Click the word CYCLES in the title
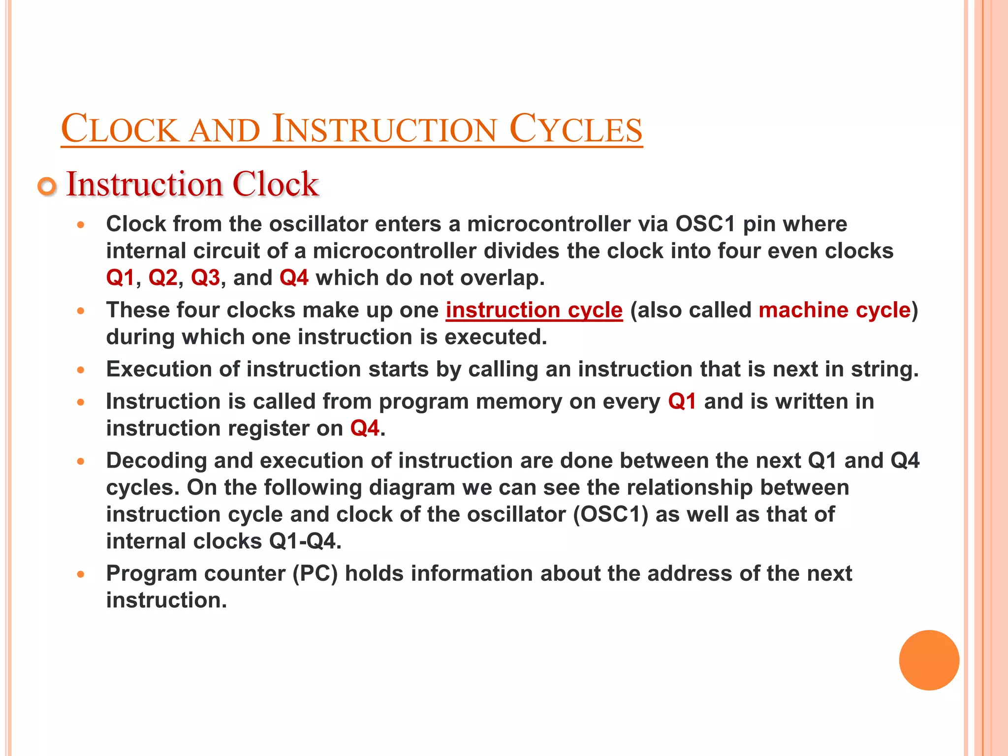coord(575,129)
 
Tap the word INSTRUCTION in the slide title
coord(384,129)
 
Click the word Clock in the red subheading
coord(275,184)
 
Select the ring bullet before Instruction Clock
coord(47,187)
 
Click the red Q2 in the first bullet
coord(162,278)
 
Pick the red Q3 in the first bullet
coord(205,278)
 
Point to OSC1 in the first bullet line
coord(705,224)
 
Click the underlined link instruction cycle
coord(534,310)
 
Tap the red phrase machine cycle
coord(834,310)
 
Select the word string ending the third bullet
coord(882,369)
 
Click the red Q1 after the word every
coord(682,402)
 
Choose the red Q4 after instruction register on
coord(365,428)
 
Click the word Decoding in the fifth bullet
coord(156,461)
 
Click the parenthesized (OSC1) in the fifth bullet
coord(610,514)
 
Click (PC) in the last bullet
coord(315,573)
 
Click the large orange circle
coord(929,660)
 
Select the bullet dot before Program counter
coord(81,574)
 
